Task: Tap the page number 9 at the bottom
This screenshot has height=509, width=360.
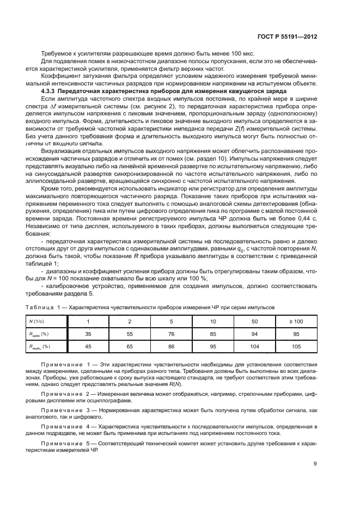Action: point(315,464)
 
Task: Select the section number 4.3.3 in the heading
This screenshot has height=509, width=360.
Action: point(51,91)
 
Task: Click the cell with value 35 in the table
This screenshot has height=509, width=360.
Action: point(88,334)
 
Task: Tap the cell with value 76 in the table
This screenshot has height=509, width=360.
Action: point(172,334)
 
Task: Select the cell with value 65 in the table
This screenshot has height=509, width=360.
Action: point(130,346)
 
